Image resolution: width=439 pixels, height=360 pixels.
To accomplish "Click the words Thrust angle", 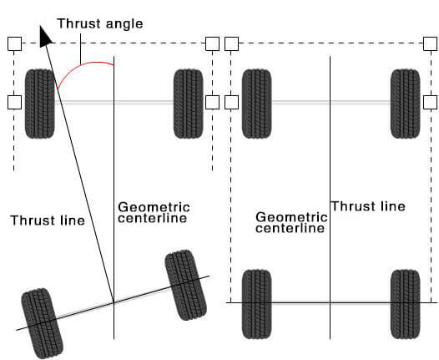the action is coord(100,24).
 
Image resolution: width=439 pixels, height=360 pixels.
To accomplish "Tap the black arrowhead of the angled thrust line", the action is coord(45,37).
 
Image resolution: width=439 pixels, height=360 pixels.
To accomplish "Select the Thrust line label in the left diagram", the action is coord(48,221).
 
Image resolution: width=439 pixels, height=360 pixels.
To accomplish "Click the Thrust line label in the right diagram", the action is coord(368,206).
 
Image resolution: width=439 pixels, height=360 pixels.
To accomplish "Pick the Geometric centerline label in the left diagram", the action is coord(154,213).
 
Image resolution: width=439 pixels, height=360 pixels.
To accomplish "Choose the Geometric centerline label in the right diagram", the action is coord(291,223).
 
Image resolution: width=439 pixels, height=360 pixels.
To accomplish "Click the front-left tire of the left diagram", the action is coord(39,104).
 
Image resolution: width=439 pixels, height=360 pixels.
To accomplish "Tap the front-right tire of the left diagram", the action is coord(189,104).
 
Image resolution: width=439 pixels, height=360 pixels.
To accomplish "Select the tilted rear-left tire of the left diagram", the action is coord(42,323).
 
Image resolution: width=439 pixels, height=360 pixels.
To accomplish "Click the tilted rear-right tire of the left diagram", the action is coord(186,285).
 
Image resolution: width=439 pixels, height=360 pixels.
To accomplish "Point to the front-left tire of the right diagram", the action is coord(257,104).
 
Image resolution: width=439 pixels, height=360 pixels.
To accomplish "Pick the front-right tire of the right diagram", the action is coord(406,104).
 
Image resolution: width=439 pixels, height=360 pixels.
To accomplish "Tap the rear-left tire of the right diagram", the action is coord(257,304).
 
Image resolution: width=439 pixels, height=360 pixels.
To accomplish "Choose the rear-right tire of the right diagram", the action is coord(406,304).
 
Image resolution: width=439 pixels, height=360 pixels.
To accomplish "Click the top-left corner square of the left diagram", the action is coord(14,43).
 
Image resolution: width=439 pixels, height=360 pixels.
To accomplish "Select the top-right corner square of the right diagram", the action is coord(430,43).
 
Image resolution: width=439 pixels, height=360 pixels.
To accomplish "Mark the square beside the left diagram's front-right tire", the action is coord(212,102).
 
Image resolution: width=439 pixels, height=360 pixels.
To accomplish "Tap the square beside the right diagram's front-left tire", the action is coord(231,102).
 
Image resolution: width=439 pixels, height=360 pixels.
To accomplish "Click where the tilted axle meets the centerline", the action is coord(114,302).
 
